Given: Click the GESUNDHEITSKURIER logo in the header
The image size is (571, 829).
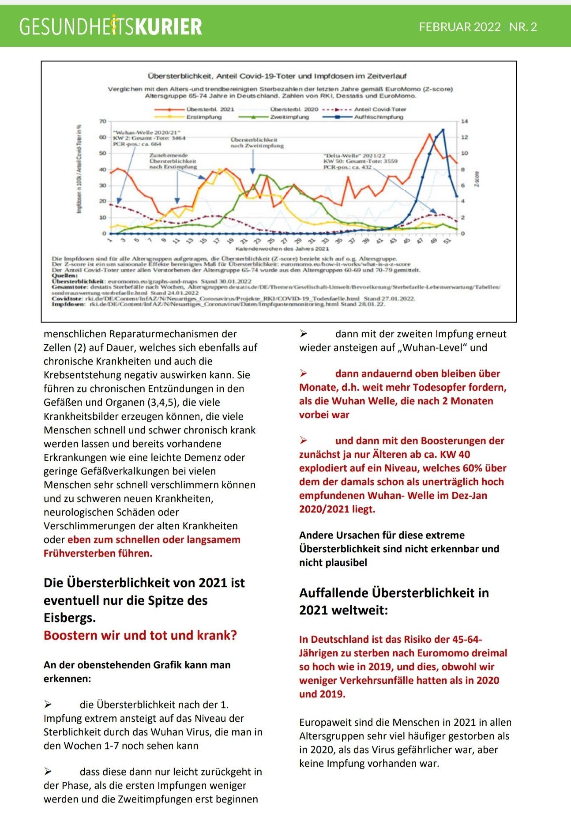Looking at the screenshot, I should pos(110,26).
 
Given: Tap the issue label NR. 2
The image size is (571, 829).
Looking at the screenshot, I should pos(523,27).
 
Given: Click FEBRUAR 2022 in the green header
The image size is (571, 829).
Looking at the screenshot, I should pos(460,27).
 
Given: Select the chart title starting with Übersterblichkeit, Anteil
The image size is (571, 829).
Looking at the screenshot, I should pos(277,76).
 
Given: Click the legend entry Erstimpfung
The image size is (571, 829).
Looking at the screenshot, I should pos(203,117).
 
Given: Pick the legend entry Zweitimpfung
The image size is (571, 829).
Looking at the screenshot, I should pos(289,117).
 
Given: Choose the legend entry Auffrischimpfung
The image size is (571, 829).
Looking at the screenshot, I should pos(379,117).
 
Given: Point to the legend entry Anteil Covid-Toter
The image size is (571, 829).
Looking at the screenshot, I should pos(380,109).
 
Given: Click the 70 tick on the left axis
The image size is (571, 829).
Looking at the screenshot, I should pos(103,121).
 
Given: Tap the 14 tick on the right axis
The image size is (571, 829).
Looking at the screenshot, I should pos(464,121).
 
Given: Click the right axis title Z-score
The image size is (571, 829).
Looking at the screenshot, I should pos(477,179).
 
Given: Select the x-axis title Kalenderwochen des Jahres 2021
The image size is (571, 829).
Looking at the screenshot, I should pos(282,249).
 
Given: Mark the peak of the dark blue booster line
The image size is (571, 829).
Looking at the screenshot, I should pos(443,129).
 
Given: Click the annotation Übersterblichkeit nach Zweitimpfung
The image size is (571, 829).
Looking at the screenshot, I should pos(257,143).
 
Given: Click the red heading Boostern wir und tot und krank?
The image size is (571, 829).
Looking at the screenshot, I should pos(140,635).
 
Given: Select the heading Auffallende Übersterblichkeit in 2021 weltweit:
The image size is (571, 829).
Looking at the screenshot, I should pos(394,601).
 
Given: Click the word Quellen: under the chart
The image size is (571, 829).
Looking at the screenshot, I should pos(64,275).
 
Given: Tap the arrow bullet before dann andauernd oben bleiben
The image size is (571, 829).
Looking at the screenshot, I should pos(304,373).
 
